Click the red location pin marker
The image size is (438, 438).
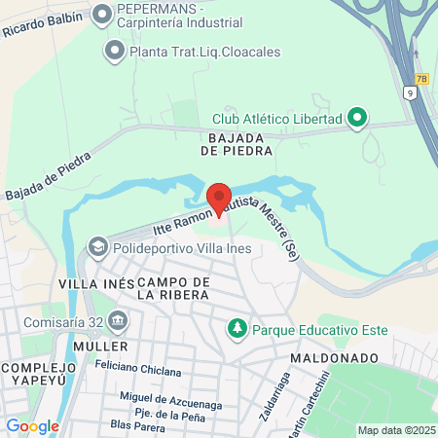(218, 197)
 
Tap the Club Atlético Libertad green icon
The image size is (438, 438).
(357, 119)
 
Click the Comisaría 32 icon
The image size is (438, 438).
(118, 319)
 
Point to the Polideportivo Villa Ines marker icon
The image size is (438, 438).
(98, 248)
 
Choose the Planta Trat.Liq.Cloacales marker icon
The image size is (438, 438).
(116, 47)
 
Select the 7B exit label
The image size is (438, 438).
(420, 79)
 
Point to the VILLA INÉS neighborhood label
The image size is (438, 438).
(95, 283)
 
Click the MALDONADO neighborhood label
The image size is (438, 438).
(333, 358)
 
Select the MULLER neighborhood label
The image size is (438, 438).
(99, 347)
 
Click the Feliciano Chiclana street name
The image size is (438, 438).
(138, 371)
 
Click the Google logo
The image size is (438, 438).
(32, 425)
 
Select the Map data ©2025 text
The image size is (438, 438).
(395, 430)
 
